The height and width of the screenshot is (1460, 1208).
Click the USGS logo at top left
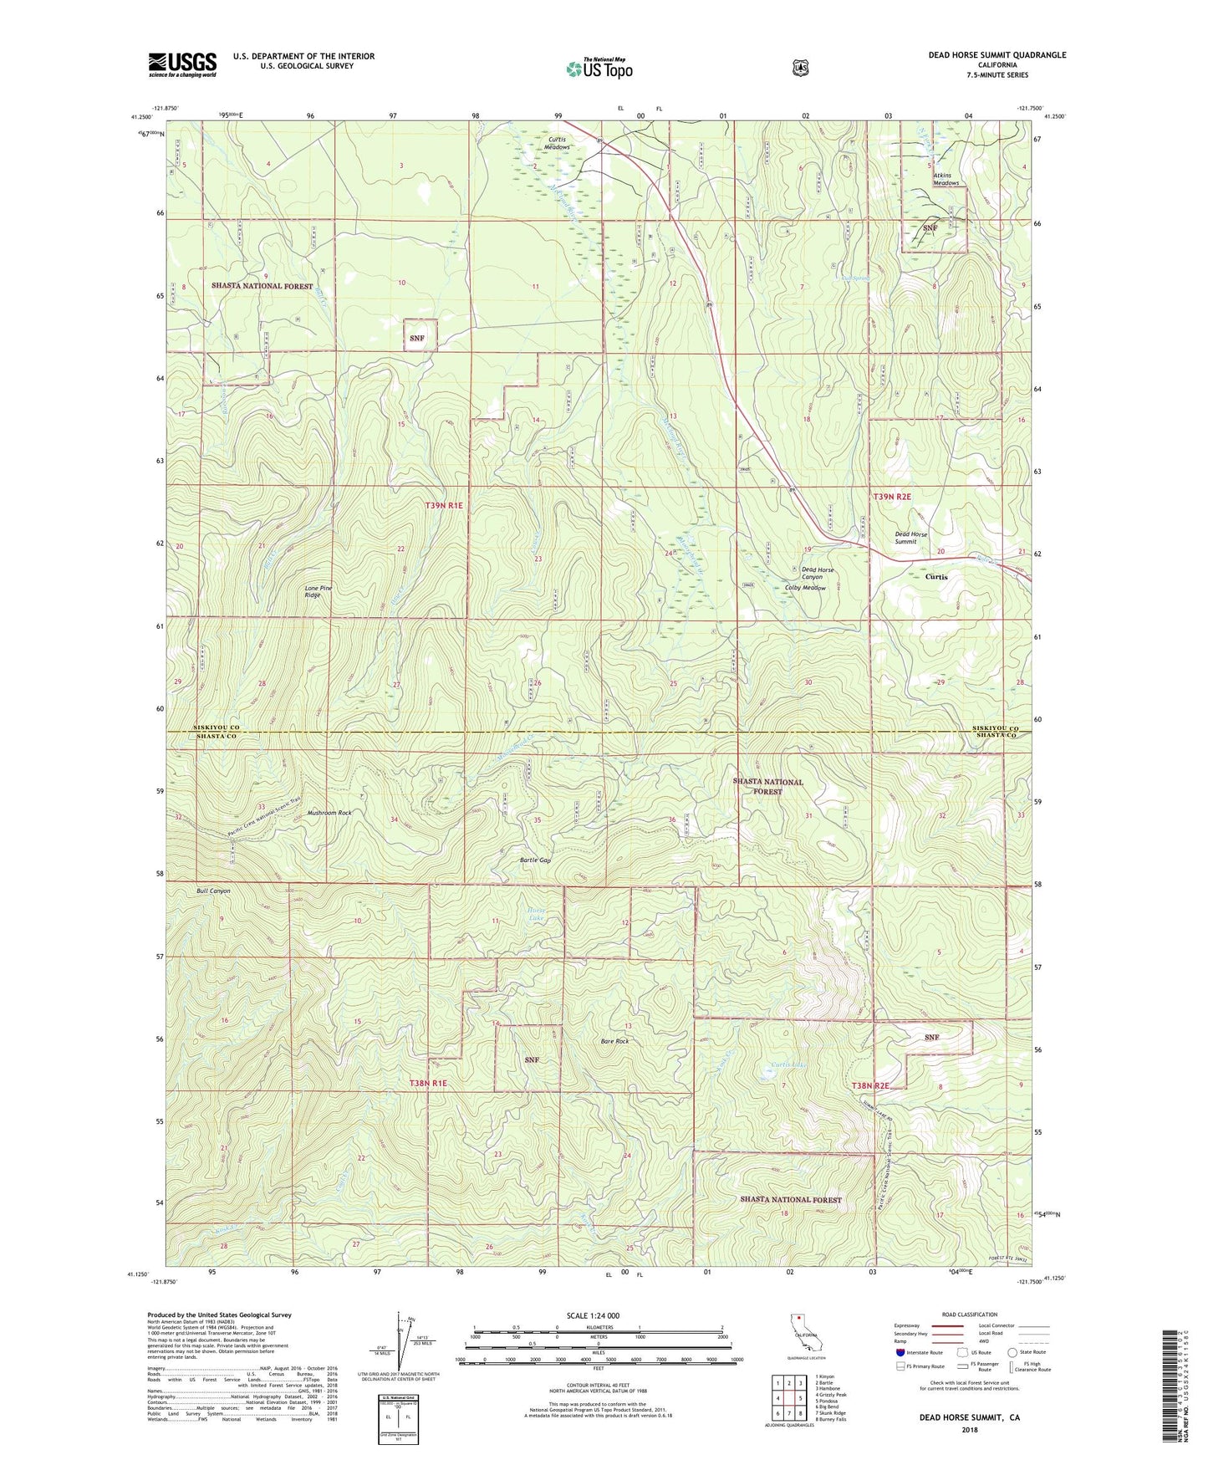[x=182, y=64]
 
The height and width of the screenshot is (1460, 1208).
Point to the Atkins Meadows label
[x=946, y=179]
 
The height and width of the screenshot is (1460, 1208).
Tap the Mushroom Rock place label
[x=329, y=813]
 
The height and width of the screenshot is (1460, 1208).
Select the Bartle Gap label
[x=535, y=860]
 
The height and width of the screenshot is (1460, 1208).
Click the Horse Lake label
[x=535, y=914]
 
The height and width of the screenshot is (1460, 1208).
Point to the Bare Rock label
[x=614, y=1041]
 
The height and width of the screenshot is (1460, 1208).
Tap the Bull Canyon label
[x=213, y=891]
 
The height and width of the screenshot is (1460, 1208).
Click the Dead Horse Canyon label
[x=817, y=574]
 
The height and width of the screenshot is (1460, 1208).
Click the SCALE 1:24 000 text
[x=593, y=1315]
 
